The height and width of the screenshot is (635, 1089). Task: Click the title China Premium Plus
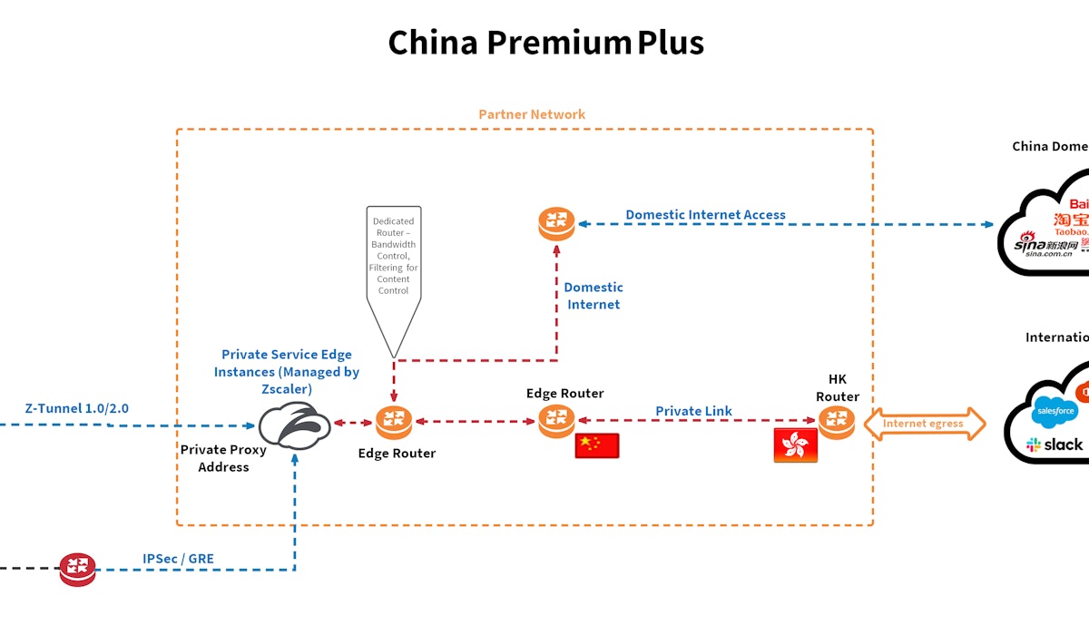(545, 43)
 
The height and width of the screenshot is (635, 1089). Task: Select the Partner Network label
(532, 114)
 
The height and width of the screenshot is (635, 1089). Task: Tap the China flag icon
(597, 445)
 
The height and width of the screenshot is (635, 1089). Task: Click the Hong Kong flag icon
(795, 445)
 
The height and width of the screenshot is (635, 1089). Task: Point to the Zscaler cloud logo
(294, 425)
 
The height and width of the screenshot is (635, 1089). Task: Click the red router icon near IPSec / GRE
(77, 569)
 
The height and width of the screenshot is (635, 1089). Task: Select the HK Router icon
(836, 421)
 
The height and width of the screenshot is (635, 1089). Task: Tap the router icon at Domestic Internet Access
(556, 223)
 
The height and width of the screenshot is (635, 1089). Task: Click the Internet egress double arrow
(924, 424)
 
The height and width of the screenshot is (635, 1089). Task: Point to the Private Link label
(693, 411)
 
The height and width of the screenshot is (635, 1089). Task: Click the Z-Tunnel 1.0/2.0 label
(76, 408)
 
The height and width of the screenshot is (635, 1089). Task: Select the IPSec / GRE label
(178, 559)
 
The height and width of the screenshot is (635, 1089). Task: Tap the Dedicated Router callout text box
(393, 256)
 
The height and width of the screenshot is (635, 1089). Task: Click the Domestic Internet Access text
(705, 215)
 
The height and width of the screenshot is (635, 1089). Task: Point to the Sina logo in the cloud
(1043, 246)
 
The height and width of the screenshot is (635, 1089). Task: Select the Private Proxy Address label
(223, 458)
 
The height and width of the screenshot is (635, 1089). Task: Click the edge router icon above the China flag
(556, 421)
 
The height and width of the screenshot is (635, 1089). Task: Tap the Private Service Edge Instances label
(287, 371)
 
